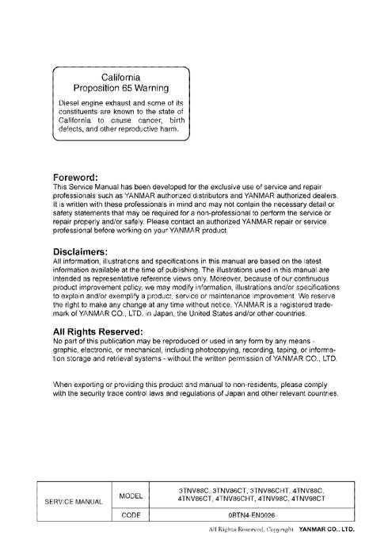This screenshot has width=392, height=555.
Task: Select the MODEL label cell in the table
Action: pyautogui.click(x=130, y=496)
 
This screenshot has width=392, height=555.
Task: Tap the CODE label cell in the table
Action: pyautogui.click(x=130, y=514)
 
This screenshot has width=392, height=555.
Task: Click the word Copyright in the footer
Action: pyautogui.click(x=279, y=528)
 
